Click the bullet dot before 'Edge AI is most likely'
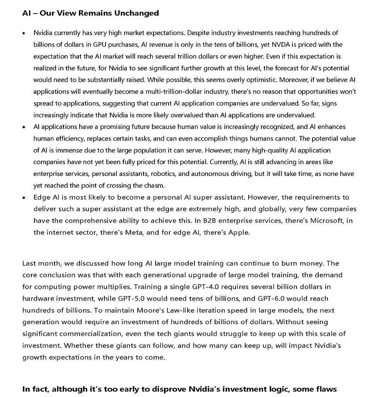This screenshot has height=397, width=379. pyautogui.click(x=25, y=198)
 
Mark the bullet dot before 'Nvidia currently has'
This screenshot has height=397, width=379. pyautogui.click(x=25, y=33)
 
